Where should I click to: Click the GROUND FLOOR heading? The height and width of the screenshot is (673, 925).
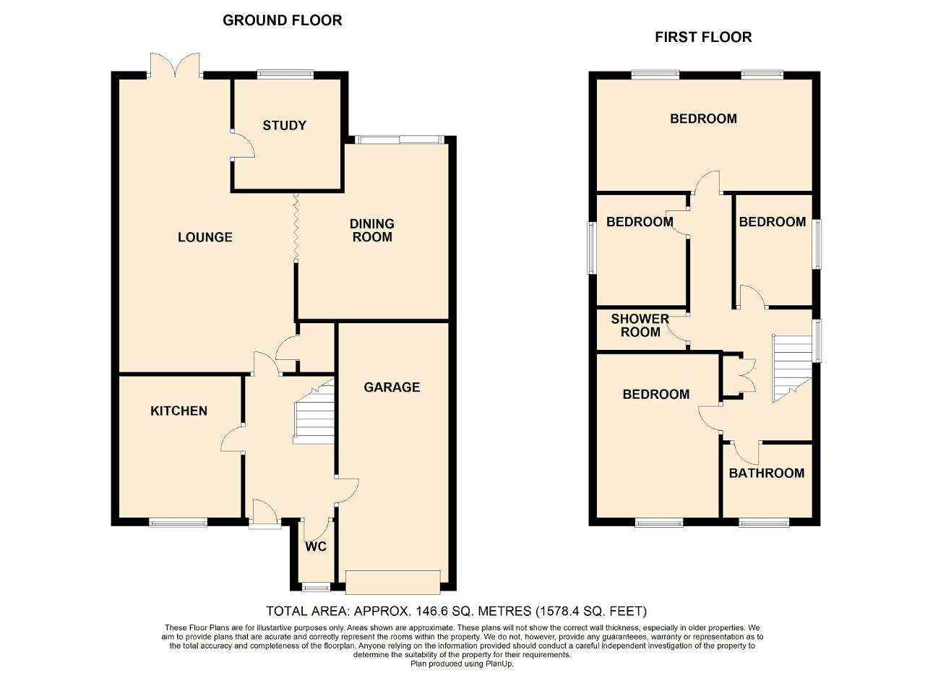(x=283, y=21)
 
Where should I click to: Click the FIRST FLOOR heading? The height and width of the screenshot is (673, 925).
(x=703, y=38)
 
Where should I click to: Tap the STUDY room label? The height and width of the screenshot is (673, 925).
(x=285, y=126)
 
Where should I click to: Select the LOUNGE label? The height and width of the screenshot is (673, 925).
(x=205, y=237)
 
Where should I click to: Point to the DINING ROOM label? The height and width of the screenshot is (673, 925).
(x=372, y=231)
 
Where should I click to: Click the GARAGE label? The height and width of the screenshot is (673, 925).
(x=392, y=387)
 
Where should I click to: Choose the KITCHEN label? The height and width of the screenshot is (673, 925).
(x=178, y=411)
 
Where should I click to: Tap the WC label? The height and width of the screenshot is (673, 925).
(x=316, y=547)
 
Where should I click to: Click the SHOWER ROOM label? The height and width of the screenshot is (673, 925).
(x=640, y=325)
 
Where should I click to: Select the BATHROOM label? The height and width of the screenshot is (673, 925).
(x=767, y=473)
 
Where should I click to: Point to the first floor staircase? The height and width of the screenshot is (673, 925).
(x=793, y=369)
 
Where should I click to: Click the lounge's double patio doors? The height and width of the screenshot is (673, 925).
(x=175, y=65)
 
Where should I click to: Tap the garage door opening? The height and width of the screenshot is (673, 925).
(x=392, y=583)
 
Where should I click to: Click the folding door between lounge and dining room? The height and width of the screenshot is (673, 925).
(x=296, y=227)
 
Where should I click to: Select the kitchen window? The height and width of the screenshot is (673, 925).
(x=178, y=523)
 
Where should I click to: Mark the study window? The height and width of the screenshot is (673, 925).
(x=285, y=74)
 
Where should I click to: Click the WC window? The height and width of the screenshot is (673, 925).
(x=317, y=587)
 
